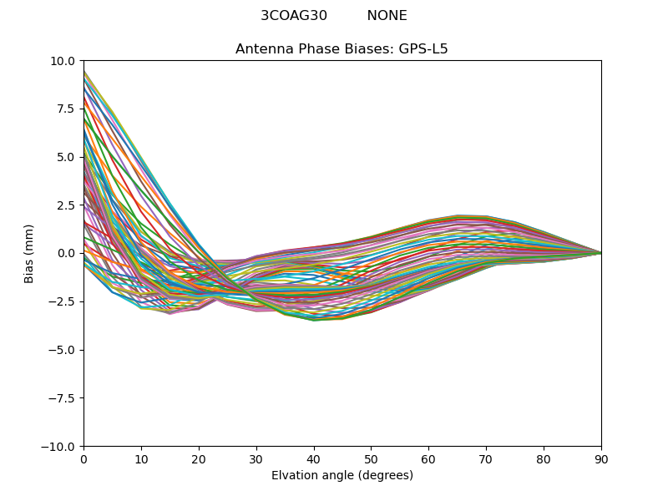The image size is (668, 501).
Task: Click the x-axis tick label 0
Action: pyautogui.click(x=83, y=459)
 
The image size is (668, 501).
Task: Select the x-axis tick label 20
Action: pyautogui.click(x=199, y=459)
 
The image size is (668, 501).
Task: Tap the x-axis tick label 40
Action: pyautogui.click(x=314, y=459)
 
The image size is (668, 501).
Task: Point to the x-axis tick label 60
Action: pyautogui.click(x=428, y=459)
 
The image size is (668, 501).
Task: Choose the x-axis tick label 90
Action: pyautogui.click(x=601, y=459)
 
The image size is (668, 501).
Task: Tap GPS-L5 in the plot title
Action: pyautogui.click(x=422, y=49)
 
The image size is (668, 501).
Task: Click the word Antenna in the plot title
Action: pyautogui.click(x=264, y=49)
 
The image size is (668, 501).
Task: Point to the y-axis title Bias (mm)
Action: pyautogui.click(x=29, y=253)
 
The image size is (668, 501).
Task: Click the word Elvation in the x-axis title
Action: pyautogui.click(x=295, y=476)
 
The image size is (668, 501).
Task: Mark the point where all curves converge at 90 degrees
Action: pyautogui.click(x=600, y=253)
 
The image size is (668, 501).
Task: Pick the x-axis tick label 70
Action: pyautogui.click(x=486, y=459)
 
